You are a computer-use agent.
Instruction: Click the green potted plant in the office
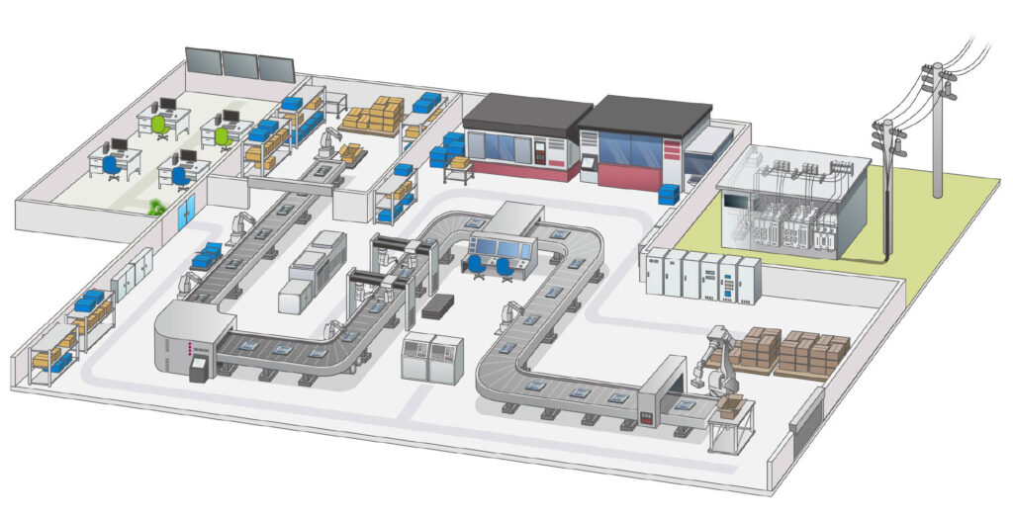pyautogui.click(x=155, y=207)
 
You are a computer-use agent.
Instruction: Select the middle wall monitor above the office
pyautogui.click(x=239, y=64)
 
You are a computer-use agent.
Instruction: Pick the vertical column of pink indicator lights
pyautogui.click(x=177, y=349)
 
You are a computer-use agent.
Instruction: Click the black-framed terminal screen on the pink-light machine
pyautogui.click(x=198, y=371)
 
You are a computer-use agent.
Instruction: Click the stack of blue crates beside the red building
pyautogui.click(x=670, y=193)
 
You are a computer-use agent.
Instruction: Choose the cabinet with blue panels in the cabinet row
pyautogui.click(x=730, y=280)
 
